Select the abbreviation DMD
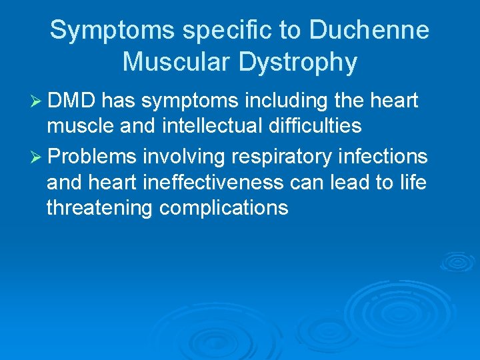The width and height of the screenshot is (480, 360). (x=73, y=101)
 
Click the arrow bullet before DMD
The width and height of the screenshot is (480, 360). (x=37, y=101)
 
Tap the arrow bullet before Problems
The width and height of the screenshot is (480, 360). (x=37, y=157)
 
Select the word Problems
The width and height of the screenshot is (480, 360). (x=93, y=157)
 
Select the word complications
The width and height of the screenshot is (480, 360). (x=224, y=208)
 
